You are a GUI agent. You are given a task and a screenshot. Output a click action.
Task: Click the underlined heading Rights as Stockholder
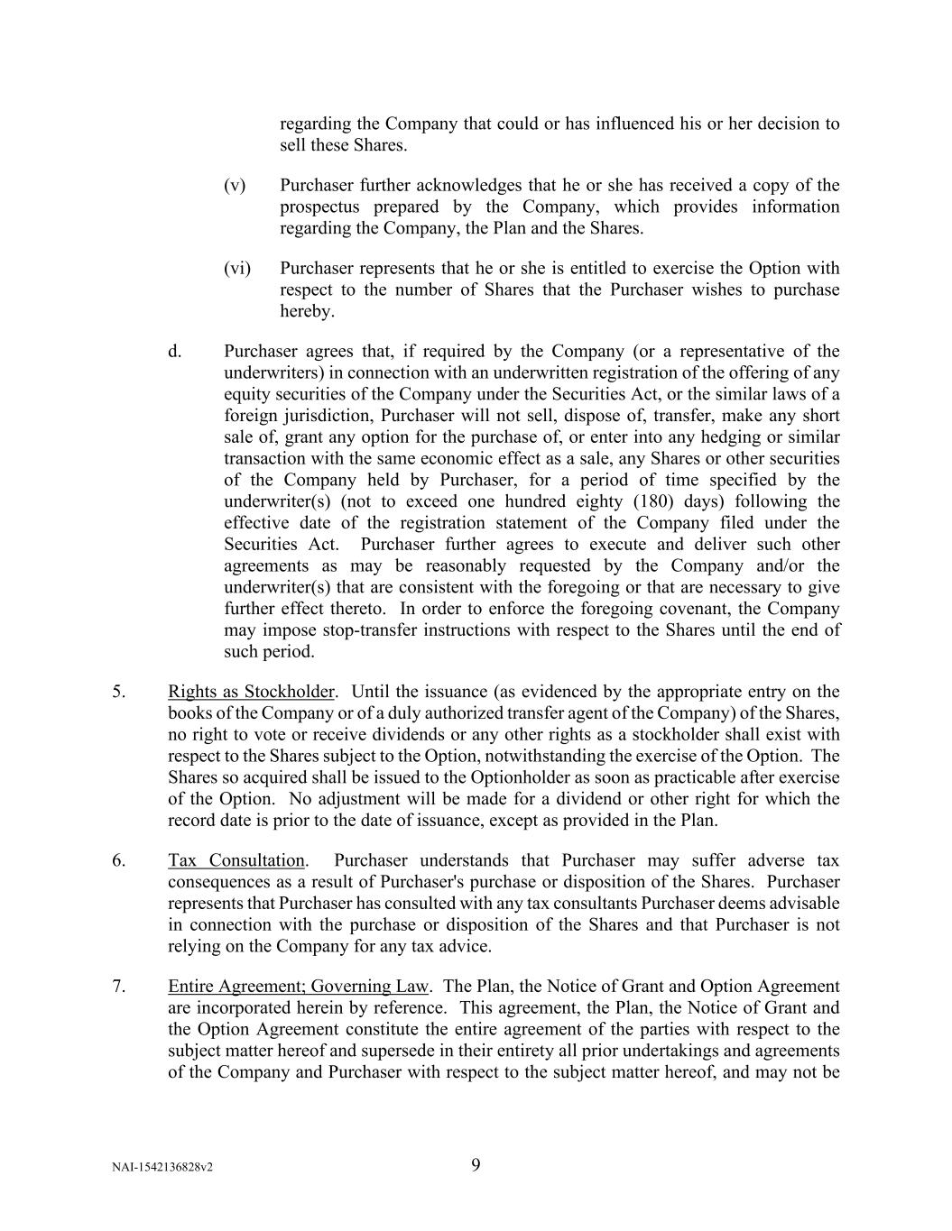pyautogui.click(x=251, y=692)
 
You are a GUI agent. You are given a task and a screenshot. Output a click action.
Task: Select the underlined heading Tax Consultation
pyautogui.click(x=236, y=860)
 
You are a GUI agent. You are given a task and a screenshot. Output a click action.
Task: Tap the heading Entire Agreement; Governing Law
pyautogui.click(x=298, y=987)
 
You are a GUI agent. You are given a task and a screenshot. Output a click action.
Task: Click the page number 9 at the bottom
pyautogui.click(x=476, y=1165)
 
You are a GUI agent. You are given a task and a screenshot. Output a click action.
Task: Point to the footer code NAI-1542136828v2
pyautogui.click(x=162, y=1167)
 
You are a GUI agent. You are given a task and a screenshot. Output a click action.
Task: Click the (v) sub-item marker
pyautogui.click(x=235, y=186)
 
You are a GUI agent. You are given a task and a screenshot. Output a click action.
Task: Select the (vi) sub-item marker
pyautogui.click(x=237, y=269)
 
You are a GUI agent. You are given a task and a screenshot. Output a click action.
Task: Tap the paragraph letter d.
pyautogui.click(x=174, y=352)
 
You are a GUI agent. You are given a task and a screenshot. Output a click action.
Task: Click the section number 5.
pyautogui.click(x=119, y=692)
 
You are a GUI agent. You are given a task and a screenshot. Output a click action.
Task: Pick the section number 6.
pyautogui.click(x=119, y=860)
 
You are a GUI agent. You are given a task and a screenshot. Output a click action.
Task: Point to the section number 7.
pyautogui.click(x=119, y=987)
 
